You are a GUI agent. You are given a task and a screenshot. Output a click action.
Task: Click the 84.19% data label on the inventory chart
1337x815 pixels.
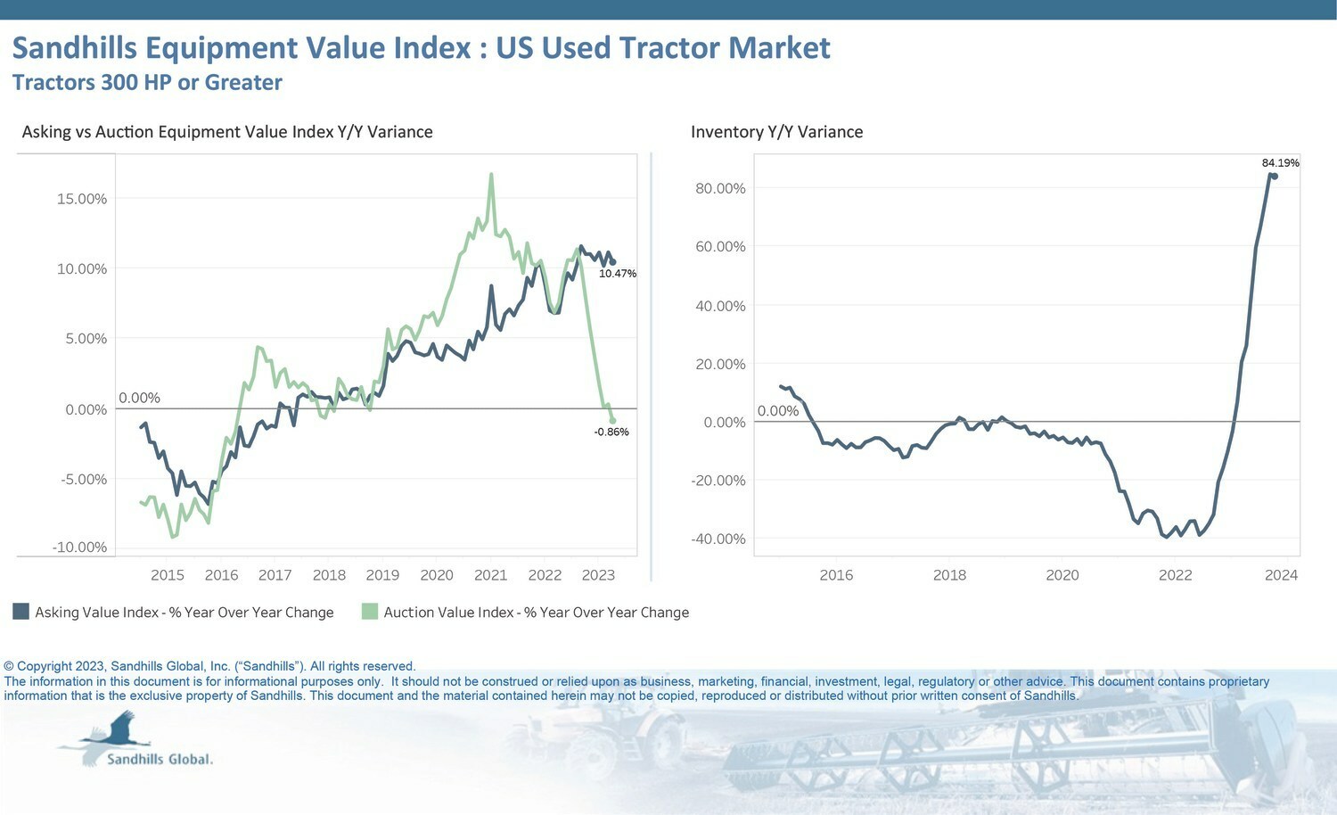[x=1280, y=163]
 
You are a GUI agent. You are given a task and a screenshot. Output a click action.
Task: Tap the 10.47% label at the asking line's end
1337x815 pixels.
[x=618, y=274]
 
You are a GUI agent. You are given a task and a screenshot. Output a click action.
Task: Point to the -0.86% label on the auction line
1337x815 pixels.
[x=611, y=432]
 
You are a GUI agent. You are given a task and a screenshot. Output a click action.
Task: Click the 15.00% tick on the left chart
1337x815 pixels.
[x=82, y=199]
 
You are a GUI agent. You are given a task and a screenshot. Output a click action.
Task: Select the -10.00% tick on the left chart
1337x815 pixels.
[x=79, y=547]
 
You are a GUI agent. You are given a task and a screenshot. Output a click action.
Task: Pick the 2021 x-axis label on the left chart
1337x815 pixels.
[x=490, y=575]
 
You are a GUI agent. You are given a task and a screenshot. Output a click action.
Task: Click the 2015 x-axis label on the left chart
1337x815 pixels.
[x=168, y=575]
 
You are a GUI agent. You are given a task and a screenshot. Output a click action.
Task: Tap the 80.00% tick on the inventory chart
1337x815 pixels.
[x=720, y=188]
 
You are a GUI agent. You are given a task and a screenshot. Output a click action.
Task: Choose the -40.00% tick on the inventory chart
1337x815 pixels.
[x=718, y=539]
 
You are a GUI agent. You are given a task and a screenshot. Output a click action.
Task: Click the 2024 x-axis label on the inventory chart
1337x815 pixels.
[x=1281, y=575]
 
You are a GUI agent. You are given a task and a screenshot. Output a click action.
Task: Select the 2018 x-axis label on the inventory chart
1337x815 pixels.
[x=949, y=575]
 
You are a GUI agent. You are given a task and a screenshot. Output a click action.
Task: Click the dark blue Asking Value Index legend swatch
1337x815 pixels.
[x=21, y=612]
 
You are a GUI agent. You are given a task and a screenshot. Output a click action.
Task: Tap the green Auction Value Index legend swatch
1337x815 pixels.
[x=370, y=612]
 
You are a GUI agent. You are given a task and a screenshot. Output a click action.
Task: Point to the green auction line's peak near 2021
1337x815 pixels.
[x=491, y=174]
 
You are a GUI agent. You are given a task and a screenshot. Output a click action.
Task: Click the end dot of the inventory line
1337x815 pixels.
[x=1275, y=177]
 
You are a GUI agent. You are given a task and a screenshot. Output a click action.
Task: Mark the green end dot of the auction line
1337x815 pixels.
[x=612, y=421]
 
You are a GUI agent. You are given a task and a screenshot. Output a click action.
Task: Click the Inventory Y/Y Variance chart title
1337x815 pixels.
[x=776, y=132]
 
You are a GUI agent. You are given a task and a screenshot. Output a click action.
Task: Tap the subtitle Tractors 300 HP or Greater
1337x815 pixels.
[x=147, y=83]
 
